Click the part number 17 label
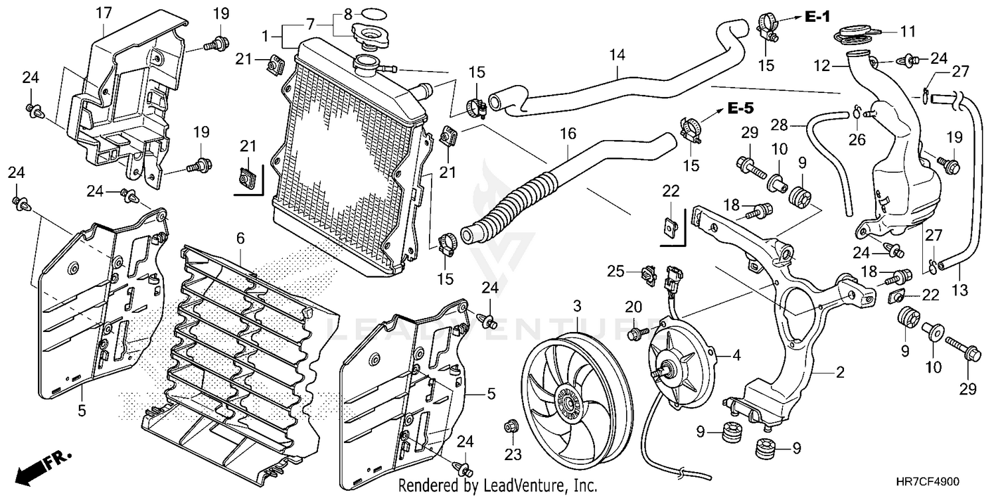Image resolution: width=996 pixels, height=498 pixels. (103, 12)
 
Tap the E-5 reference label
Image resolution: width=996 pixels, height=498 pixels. (740, 108)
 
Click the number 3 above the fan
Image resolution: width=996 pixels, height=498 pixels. (577, 307)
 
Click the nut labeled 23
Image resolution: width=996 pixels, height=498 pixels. (511, 426)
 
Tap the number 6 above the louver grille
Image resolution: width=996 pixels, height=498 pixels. (240, 237)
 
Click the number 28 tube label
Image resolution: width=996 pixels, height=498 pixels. (779, 125)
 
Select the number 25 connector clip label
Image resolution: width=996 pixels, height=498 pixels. (616, 271)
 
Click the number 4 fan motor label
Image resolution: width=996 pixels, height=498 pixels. (736, 355)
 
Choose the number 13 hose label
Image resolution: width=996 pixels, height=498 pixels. (960, 290)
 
